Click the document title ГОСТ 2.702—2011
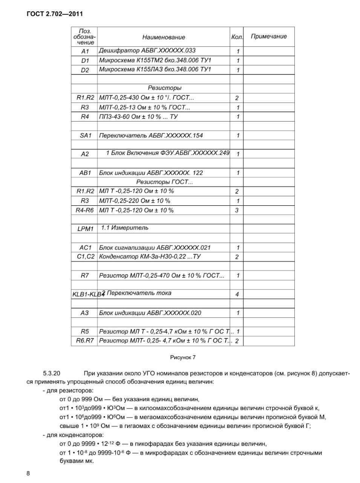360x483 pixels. pyautogui.click(x=55, y=14)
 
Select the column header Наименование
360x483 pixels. pyautogui.click(x=164, y=37)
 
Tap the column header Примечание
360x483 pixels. pyautogui.click(x=269, y=36)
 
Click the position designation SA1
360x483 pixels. pyautogui.click(x=85, y=135)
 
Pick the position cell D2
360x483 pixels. pyautogui.click(x=85, y=70)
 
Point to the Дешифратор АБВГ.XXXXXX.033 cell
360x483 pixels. pyautogui.click(x=147, y=51)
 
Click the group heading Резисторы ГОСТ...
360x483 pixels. pyautogui.click(x=164, y=182)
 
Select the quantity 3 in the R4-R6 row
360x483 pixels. pyautogui.click(x=237, y=210)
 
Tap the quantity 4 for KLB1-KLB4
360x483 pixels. pyautogui.click(x=237, y=294)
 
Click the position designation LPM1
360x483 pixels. pyautogui.click(x=85, y=229)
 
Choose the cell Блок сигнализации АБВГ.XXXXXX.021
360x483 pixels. pyautogui.click(x=155, y=248)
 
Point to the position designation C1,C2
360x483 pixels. pyautogui.click(x=85, y=257)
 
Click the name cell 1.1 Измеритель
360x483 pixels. pyautogui.click(x=124, y=228)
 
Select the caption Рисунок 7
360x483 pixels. pyautogui.click(x=183, y=357)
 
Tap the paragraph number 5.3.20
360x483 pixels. pyautogui.click(x=52, y=374)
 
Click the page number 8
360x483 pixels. pyautogui.click(x=28, y=474)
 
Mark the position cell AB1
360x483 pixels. pyautogui.click(x=85, y=173)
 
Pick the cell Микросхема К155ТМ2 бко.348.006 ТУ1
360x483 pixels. pyautogui.click(x=155, y=60)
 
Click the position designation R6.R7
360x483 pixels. pyautogui.click(x=85, y=341)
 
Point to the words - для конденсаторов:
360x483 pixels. pyautogui.click(x=68, y=435)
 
